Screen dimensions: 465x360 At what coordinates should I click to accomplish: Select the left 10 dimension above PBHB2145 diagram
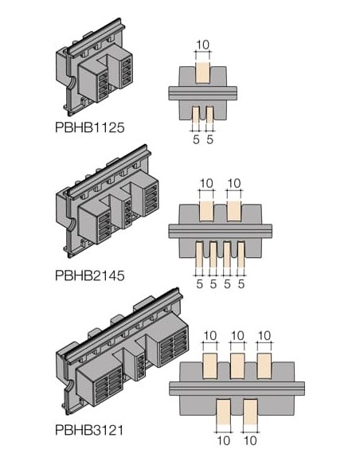click(206, 184)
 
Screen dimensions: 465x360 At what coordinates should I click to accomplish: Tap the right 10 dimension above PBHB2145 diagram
click(234, 184)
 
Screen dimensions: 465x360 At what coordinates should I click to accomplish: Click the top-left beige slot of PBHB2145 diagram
click(206, 212)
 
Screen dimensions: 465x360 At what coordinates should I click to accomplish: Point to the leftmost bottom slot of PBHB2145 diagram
click(198, 253)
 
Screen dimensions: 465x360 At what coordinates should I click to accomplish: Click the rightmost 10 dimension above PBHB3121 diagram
click(267, 335)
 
